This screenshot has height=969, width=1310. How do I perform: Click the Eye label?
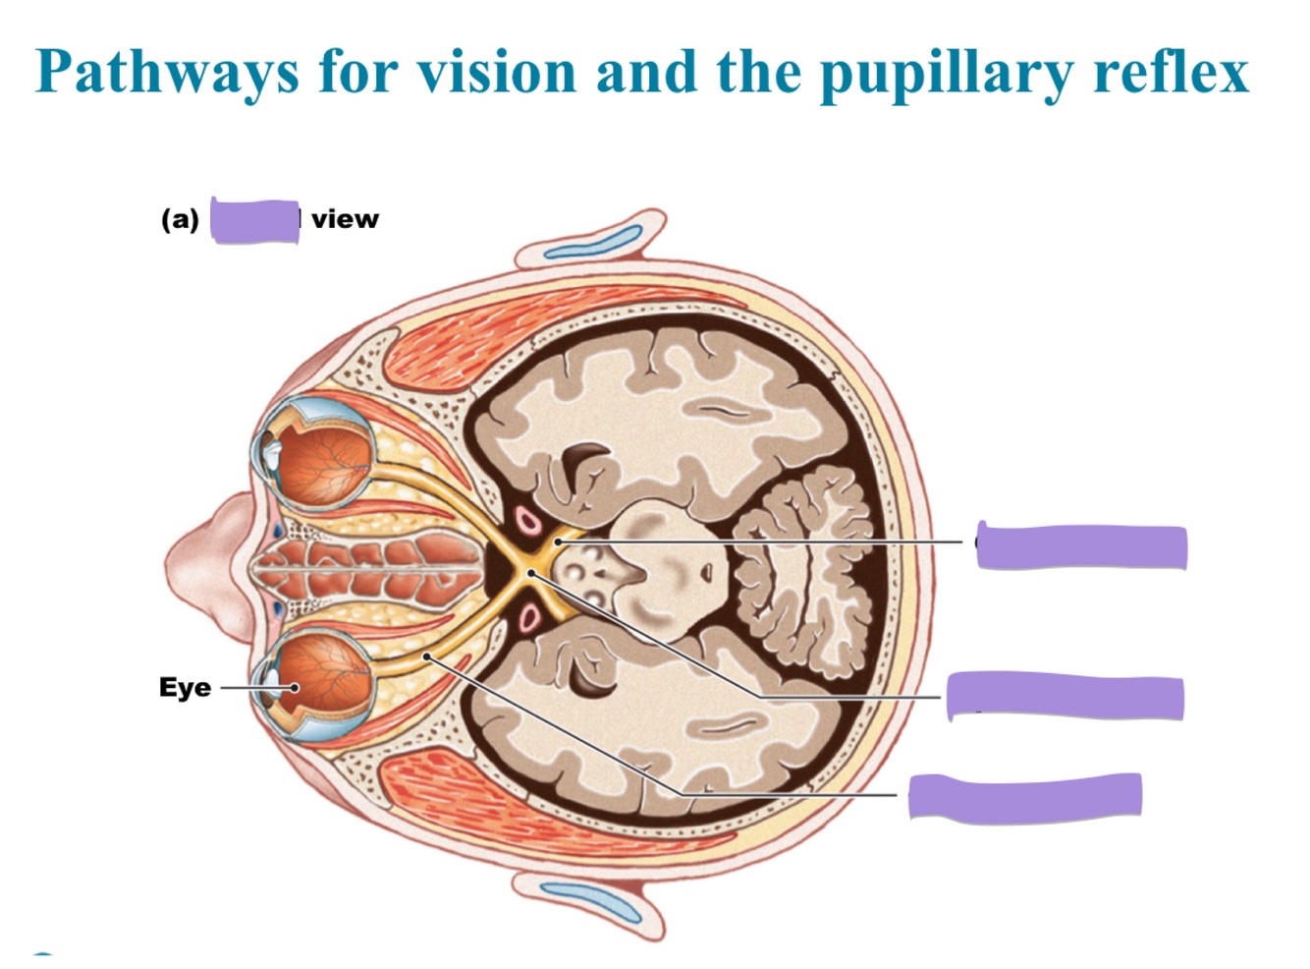(x=185, y=687)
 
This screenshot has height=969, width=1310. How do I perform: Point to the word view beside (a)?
(x=345, y=219)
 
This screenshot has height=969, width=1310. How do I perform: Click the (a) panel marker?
(x=180, y=219)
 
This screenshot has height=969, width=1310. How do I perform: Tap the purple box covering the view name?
(x=255, y=221)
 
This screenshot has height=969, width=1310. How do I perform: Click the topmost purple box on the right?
(x=1082, y=547)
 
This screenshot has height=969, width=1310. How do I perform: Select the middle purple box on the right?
(x=1064, y=697)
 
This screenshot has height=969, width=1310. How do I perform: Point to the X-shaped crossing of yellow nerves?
(x=530, y=572)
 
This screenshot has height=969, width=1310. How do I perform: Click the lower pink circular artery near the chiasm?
(x=530, y=618)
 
